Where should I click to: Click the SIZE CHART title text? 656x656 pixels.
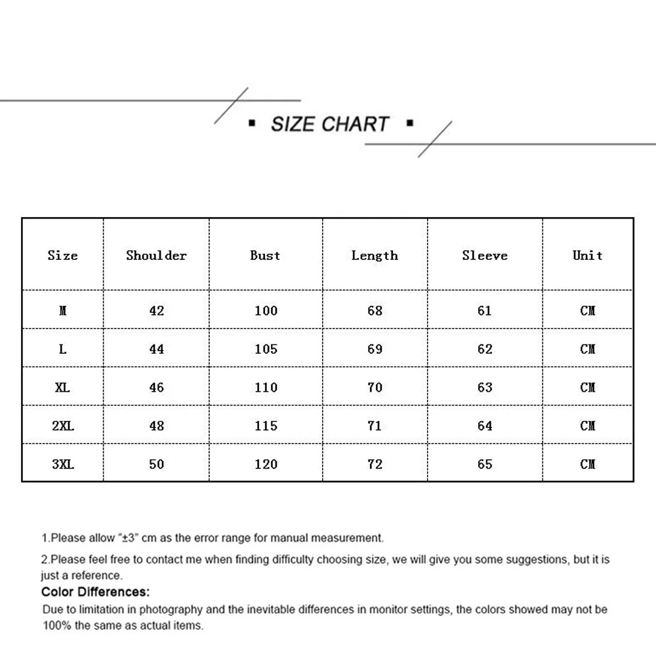(330, 124)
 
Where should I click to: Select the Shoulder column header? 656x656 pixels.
(156, 255)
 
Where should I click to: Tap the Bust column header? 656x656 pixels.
(265, 255)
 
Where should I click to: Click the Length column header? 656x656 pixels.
(375, 255)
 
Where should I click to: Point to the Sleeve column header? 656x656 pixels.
(485, 255)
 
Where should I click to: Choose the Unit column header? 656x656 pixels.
(587, 255)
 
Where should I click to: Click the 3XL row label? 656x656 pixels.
(63, 464)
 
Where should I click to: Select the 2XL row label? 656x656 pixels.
(63, 426)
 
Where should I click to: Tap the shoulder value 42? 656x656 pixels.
(156, 310)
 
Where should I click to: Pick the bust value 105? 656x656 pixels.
(266, 349)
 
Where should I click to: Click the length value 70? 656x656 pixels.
(375, 387)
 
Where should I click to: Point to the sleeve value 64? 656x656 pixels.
(485, 426)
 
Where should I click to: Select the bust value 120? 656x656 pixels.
(266, 464)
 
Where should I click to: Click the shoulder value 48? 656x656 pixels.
(156, 426)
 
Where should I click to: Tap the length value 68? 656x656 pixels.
(375, 310)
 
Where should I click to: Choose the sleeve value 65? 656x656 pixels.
(485, 464)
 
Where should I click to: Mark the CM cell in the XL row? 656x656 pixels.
(588, 387)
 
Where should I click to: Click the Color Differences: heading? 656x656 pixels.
(96, 592)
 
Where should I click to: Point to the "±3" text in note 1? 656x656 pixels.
(127, 538)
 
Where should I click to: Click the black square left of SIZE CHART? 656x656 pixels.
(252, 123)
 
